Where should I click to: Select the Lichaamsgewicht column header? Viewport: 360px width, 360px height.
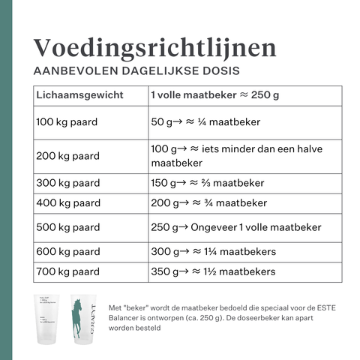75,96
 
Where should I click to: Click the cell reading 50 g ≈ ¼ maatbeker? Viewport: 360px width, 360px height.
199,120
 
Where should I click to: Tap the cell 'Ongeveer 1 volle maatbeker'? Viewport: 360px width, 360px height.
236,227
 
